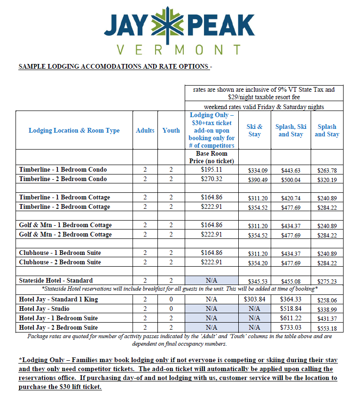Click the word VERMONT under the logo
pos(179,49)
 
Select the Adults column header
pos(145,130)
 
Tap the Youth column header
pos(171,130)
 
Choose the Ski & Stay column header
pos(254,130)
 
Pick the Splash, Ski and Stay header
pos(290,130)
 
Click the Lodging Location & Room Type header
pos(74,130)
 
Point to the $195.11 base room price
pos(211,169)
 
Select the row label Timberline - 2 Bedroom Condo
pos(63,179)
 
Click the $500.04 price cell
pos(290,179)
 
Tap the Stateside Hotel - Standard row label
pos(56,280)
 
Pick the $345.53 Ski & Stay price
pos(254,281)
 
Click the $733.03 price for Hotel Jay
pos(290,327)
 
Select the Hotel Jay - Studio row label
pos(44,309)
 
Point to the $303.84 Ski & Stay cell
pos(254,299)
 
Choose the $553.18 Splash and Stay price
pos(327,328)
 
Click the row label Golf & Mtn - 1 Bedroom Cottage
pos(65,225)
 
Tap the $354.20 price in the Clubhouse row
pos(254,262)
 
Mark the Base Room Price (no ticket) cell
pos(211,157)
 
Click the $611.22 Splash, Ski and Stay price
pos(290,318)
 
